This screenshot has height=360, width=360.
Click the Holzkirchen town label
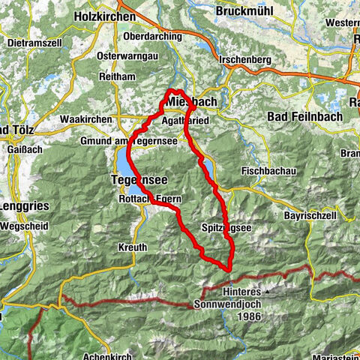106,15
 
